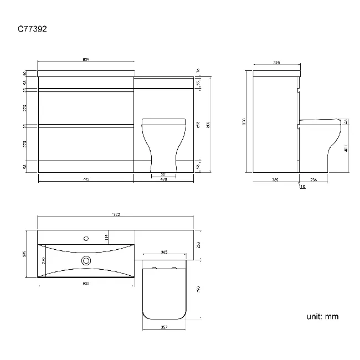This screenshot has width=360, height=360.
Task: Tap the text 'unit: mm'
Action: pyautogui.click(x=322, y=317)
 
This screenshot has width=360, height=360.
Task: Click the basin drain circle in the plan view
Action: pyautogui.click(x=86, y=260)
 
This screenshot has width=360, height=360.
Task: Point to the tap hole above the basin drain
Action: pyautogui.click(x=86, y=239)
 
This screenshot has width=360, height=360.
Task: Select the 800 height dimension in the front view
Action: pyautogui.click(x=208, y=125)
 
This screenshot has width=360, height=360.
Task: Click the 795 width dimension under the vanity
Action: pyautogui.click(x=86, y=179)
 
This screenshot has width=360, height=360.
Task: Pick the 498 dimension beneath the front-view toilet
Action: pyautogui.click(x=163, y=179)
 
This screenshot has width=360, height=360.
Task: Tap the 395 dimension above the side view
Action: pyautogui.click(x=276, y=63)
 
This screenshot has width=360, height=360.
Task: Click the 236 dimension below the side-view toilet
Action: pyautogui.click(x=314, y=179)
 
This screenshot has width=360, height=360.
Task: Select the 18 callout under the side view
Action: pyautogui.click(x=302, y=187)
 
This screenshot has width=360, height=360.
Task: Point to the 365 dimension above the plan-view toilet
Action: pyautogui.click(x=164, y=252)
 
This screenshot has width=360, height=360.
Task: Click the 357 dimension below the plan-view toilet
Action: pyautogui.click(x=164, y=327)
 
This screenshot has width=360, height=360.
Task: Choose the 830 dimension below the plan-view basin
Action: pyautogui.click(x=86, y=283)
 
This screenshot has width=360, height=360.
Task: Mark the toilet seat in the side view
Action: pyautogui.click(x=320, y=121)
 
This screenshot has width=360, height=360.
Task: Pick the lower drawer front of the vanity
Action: pyautogui.click(x=86, y=143)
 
